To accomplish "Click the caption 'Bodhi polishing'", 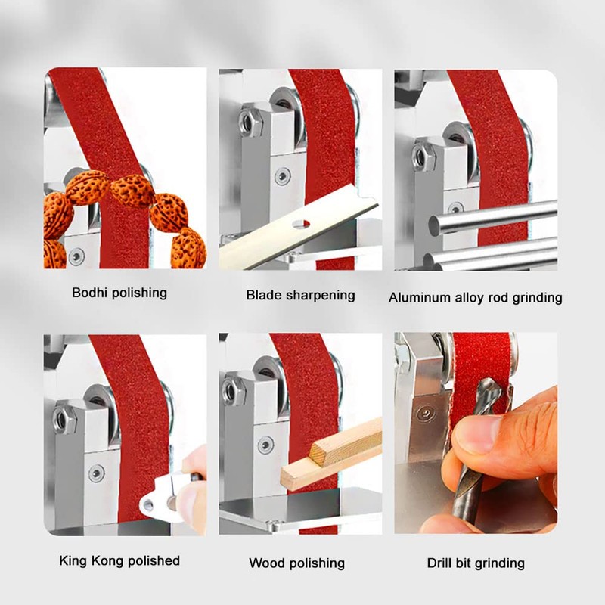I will (119, 293).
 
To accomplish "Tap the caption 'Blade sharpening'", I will (300, 295).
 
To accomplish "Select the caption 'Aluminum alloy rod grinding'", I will (475, 297).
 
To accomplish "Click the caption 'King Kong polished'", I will (119, 560).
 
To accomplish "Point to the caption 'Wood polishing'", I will (296, 563).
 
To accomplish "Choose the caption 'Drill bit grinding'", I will (476, 563).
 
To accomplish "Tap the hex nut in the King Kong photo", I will (64, 414).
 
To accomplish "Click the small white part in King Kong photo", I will (163, 495).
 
